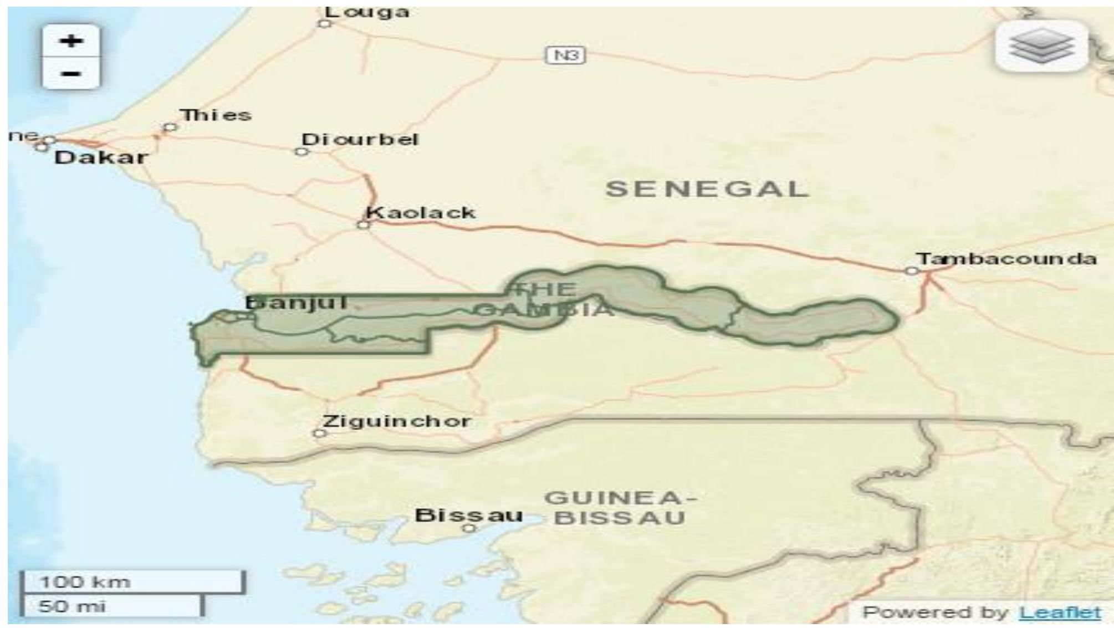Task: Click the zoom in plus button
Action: (71, 41)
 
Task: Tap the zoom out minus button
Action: (71, 73)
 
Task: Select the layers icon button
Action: (1041, 46)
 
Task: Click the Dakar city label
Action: (101, 157)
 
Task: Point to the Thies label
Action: (216, 115)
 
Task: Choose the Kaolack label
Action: (421, 212)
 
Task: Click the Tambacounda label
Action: (1006, 259)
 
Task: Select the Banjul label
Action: (297, 303)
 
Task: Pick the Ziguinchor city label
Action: (397, 421)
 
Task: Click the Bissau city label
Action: (469, 515)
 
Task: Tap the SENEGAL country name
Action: (707, 190)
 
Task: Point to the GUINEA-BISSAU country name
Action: (620, 508)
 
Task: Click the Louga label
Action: (367, 12)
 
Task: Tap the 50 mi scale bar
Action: (111, 606)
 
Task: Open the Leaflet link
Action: (1060, 612)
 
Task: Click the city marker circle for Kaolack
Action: (363, 224)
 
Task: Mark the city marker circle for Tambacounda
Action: (912, 270)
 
